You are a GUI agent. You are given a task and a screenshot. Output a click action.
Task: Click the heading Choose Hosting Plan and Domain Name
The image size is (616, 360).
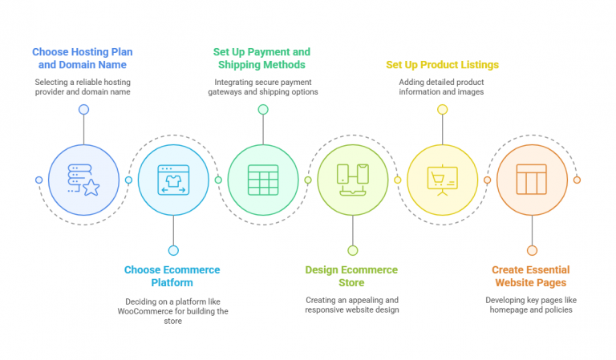coord(83,58)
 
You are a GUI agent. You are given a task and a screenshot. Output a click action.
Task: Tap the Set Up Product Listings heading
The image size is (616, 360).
coord(443,65)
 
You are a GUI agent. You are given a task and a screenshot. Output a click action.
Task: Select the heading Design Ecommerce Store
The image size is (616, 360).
coord(351,276)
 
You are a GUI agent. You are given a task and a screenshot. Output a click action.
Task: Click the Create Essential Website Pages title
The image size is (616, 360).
coord(531,276)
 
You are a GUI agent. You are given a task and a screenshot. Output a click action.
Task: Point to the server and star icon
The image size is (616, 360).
coord(83,180)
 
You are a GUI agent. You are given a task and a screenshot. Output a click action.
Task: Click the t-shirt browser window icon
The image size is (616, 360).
coord(173,180)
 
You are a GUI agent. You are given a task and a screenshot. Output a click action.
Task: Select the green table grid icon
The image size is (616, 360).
coord(263,180)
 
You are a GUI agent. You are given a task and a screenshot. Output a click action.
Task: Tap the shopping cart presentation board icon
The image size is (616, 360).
coord(443,180)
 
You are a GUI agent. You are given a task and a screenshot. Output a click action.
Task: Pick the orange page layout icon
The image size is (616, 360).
coord(532,180)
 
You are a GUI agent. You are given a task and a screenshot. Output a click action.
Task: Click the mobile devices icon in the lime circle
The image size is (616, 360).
coord(353,180)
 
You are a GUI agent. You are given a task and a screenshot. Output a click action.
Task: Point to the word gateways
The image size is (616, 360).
coord(225,92)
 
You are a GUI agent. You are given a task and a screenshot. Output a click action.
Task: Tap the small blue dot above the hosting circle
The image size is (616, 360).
coord(83,110)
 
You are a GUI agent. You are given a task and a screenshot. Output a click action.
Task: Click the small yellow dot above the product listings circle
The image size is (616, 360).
coord(443,110)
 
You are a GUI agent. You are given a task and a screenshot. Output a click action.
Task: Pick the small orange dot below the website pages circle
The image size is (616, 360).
coord(532,250)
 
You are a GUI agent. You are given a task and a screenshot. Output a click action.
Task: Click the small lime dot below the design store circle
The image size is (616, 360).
coord(353,250)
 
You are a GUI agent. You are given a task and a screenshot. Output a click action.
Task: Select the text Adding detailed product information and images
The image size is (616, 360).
coord(442,87)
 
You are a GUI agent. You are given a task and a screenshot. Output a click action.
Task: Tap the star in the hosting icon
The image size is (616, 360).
coord(91,188)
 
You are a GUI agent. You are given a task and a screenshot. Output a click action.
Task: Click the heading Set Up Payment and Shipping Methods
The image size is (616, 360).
coord(261,58)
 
